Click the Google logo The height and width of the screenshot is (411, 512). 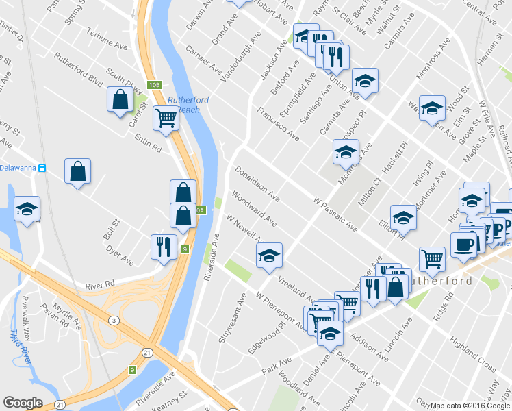[23, 403]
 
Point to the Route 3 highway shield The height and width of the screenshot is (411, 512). [111, 320]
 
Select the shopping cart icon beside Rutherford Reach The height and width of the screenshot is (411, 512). [166, 119]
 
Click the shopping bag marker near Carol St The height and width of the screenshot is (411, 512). [120, 99]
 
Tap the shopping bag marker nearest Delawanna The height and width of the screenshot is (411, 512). [78, 171]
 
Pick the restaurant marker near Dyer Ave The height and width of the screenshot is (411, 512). [163, 247]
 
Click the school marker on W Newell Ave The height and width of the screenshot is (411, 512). [269, 256]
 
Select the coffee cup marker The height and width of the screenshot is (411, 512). [463, 245]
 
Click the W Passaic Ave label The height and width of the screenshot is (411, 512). [335, 213]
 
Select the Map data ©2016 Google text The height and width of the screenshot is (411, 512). [469, 405]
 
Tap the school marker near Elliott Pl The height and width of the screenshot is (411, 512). [403, 217]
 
